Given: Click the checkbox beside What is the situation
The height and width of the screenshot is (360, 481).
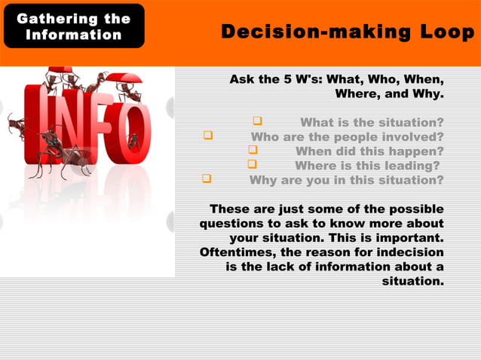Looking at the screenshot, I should point(257,121).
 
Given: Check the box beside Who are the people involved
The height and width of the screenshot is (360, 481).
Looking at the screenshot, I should point(207,136).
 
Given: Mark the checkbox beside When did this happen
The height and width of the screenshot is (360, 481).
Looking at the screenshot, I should point(253,151).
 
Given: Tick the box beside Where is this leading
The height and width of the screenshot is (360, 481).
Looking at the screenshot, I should point(253,165).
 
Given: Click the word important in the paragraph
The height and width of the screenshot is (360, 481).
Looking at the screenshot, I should point(403,237).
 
